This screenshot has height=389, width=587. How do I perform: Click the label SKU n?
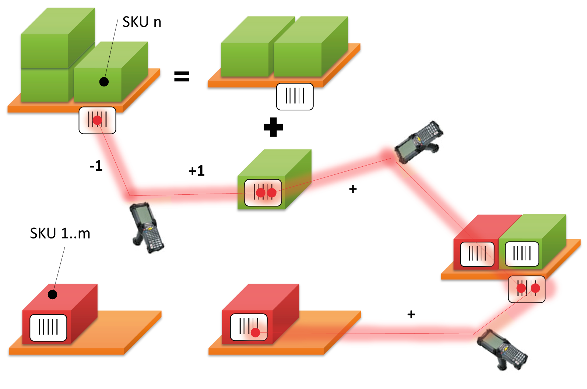tap(142, 22)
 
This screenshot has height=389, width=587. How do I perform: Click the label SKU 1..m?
tap(60, 234)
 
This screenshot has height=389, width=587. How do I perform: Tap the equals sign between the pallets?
tap(182, 77)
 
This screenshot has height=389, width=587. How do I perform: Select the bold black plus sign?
tap(273, 127)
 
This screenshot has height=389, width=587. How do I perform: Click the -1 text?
tap(96, 166)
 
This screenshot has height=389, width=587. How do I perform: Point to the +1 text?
tap(196, 171)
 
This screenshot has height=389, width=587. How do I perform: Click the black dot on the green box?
tap(104, 82)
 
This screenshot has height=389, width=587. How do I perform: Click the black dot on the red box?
tap(53, 294)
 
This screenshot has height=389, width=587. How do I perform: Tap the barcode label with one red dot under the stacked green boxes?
tap(97, 120)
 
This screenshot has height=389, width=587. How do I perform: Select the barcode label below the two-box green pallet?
tap(295, 96)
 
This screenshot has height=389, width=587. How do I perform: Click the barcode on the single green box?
tap(263, 192)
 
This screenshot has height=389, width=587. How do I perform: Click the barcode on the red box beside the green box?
tap(477, 254)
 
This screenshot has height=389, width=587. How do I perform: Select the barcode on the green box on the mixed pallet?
tap(522, 254)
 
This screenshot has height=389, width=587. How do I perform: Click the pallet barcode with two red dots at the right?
tap(527, 289)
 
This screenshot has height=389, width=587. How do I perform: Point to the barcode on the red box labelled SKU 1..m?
tap(48, 327)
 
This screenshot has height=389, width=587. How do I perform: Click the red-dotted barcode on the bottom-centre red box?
tap(249, 327)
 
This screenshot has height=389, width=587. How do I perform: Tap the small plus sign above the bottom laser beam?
tap(411, 314)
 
